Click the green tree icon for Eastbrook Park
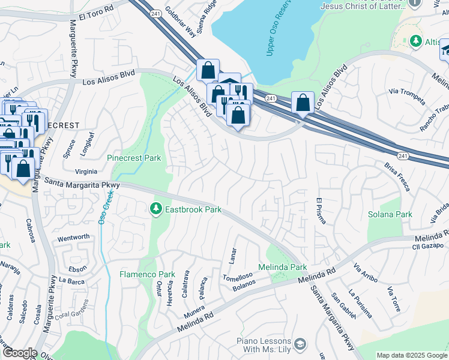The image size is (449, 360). [156, 209]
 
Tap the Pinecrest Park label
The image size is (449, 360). [134, 158]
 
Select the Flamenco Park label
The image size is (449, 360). [146, 274]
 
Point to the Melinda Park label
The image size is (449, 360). [282, 267]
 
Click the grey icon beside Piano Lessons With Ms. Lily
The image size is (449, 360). [300, 344]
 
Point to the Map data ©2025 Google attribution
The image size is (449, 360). [411, 355]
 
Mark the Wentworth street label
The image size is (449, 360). [73, 238]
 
